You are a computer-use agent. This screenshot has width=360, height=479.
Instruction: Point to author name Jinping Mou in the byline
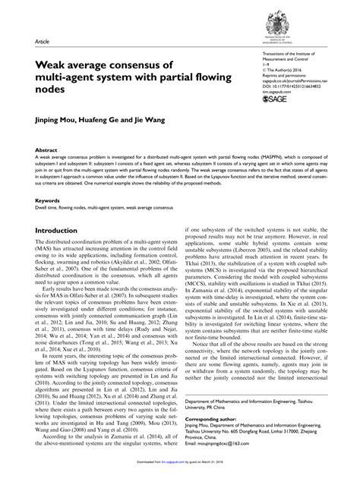[58, 119]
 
